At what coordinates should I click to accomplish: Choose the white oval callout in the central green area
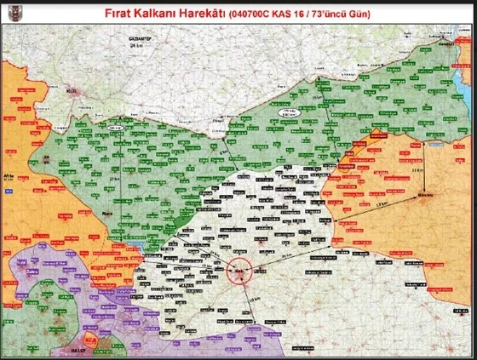tap(291, 113)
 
